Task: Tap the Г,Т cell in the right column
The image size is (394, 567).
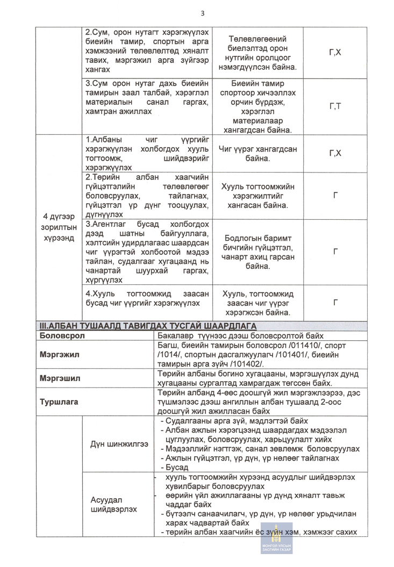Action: tap(334, 106)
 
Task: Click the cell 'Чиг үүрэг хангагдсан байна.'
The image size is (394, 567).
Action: tap(257, 154)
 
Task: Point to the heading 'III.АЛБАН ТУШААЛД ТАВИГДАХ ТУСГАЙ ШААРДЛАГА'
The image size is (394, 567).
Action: tap(148, 326)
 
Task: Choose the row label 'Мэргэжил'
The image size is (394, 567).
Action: tap(59, 355)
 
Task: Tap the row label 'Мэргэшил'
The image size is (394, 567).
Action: tap(60, 378)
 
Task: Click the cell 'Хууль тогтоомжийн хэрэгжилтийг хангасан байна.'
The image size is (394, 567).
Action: tap(257, 196)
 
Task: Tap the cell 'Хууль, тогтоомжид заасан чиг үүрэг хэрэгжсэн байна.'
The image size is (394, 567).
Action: tap(257, 303)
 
